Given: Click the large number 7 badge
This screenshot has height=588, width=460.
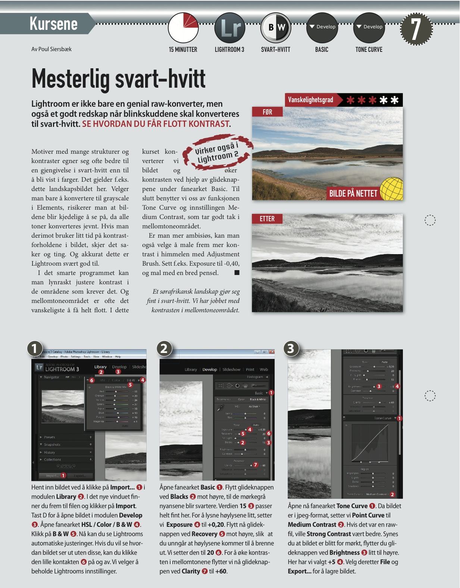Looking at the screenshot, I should (x=416, y=29).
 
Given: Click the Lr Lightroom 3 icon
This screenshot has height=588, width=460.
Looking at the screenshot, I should (x=229, y=28).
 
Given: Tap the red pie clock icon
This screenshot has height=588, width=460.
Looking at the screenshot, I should (x=183, y=28).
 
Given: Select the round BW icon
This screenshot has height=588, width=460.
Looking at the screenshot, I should (x=276, y=28).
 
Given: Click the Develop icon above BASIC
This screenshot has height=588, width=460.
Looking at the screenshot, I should (x=322, y=28).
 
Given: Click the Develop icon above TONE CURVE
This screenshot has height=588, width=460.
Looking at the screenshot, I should (x=369, y=28).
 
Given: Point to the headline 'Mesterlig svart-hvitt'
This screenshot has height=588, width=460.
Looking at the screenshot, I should (x=119, y=79).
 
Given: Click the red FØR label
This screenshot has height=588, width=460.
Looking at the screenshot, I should (x=267, y=112).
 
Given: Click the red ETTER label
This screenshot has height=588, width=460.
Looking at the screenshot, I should (x=267, y=219).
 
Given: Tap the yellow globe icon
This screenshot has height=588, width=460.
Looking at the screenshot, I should (x=392, y=189).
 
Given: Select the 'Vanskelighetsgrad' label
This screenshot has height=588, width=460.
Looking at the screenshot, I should (x=310, y=100).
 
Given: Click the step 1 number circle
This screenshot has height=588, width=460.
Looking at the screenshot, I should (x=34, y=348).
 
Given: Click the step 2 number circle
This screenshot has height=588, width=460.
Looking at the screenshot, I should (x=164, y=348).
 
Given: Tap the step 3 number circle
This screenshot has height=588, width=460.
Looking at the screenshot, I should (x=291, y=348).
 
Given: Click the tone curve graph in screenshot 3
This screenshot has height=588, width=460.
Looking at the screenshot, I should (x=370, y=444).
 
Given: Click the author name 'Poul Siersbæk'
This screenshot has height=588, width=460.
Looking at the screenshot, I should (x=55, y=49).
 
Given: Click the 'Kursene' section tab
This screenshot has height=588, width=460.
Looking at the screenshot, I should (x=53, y=24).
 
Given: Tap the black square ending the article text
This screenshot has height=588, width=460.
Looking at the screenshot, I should (x=237, y=273).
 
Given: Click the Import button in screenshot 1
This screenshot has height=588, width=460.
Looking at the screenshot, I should (x=52, y=476).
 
